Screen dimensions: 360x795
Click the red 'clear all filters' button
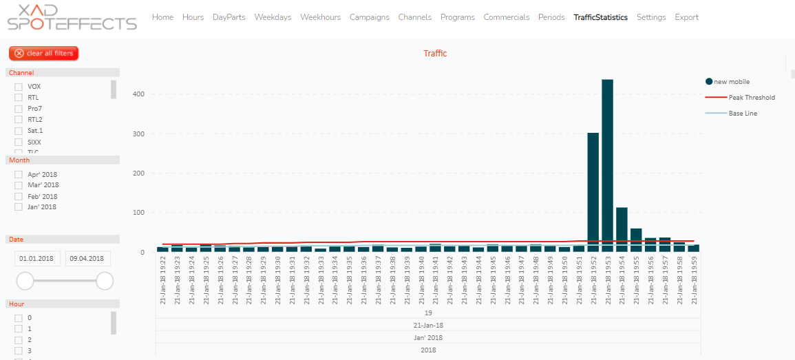coord(44,53)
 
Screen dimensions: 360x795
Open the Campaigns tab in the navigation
coord(369,17)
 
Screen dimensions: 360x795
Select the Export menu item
coord(686,17)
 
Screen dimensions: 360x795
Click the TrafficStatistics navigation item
coord(600,17)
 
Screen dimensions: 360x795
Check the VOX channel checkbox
coord(19,87)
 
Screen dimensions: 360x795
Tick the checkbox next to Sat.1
coord(19,130)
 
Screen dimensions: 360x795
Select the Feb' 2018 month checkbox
coord(19,196)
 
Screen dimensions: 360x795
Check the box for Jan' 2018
coord(19,207)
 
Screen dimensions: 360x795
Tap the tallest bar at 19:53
coord(607,165)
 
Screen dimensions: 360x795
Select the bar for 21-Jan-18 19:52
coord(593,192)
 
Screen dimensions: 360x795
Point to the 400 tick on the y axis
coord(138,94)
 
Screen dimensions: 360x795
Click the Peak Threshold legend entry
coord(751,98)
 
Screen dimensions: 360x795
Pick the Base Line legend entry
coord(743,113)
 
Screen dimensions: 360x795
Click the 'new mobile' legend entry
coord(731,82)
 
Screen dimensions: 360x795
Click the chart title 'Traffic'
coord(435,53)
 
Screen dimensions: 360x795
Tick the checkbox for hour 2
coord(19,339)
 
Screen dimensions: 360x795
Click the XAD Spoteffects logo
coord(72,17)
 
